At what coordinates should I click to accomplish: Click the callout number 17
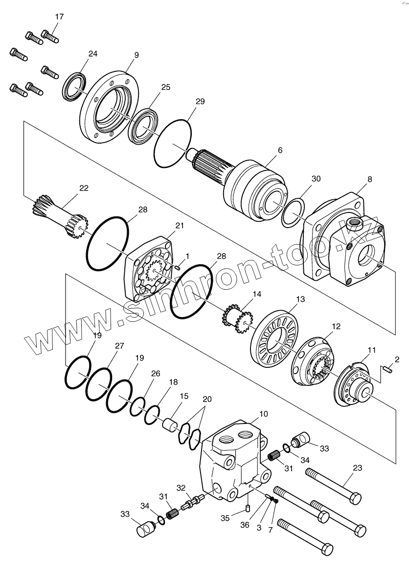[x=59, y=17]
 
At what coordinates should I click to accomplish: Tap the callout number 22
[x=84, y=188]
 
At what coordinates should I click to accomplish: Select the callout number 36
[x=245, y=525]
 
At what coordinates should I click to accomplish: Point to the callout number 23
[x=357, y=467]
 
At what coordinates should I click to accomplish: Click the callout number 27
[x=119, y=346]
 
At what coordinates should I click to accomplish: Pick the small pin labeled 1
[x=178, y=267]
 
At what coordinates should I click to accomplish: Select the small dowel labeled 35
[x=248, y=508]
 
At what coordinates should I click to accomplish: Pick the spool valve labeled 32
[x=190, y=502]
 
